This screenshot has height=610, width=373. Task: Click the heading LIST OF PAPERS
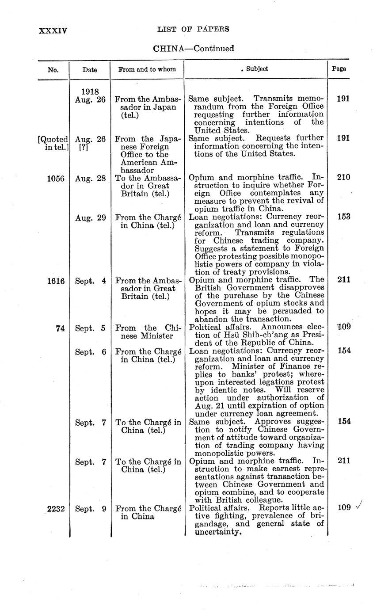[193, 30]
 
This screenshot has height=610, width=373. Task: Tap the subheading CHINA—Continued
[193, 49]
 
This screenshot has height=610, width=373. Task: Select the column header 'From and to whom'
[147, 69]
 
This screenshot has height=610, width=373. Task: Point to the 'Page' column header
[339, 69]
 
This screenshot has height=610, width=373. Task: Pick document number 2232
[56, 509]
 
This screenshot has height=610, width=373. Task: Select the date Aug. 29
[90, 217]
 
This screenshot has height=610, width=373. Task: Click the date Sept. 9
[90, 509]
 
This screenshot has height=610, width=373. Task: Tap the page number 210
[343, 178]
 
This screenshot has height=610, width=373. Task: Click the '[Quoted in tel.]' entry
[53, 142]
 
